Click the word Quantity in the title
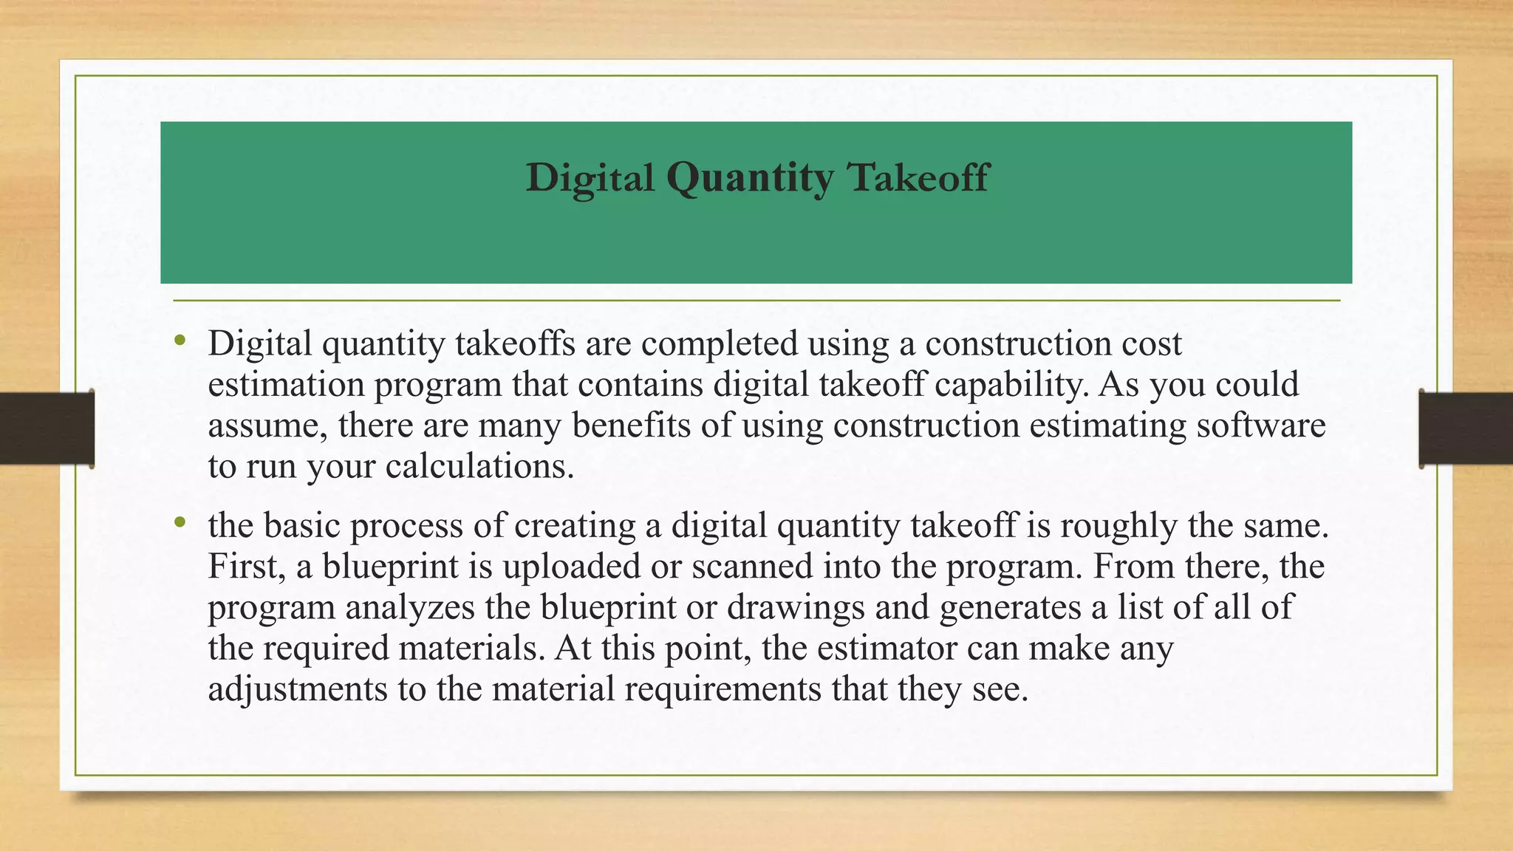[749, 179]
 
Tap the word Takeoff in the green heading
[918, 177]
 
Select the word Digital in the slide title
[590, 179]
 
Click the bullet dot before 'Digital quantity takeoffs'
[180, 341]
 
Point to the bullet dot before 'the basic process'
[180, 523]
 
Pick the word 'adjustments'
[298, 688]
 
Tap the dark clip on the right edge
[1466, 428]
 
